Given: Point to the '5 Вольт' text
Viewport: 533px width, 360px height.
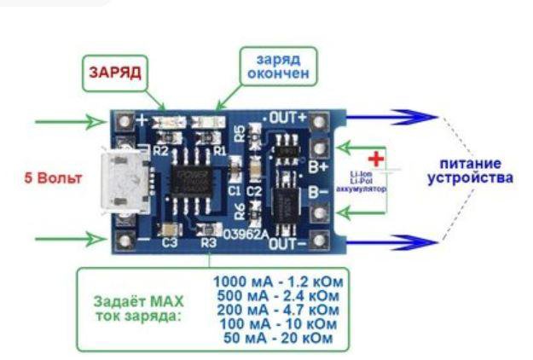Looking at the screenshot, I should tap(54, 179).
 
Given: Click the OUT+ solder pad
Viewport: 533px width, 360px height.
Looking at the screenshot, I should tap(320, 119).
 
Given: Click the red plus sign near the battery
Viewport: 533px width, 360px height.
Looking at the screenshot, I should tap(375, 159).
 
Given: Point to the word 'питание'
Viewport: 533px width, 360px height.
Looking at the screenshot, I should tap(470, 163).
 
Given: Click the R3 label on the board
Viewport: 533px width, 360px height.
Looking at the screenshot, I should tap(209, 243).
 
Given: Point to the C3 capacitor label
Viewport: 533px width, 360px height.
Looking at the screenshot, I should tap(170, 243).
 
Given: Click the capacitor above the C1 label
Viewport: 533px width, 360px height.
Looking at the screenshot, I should tap(235, 177).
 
